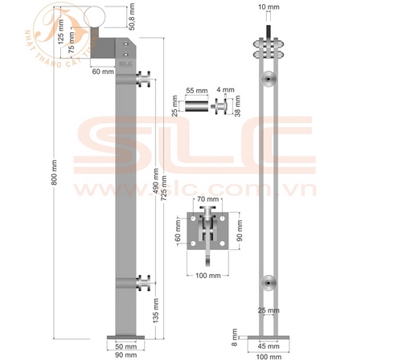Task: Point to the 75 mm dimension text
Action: (x=73, y=43)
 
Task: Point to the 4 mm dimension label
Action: (x=228, y=92)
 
